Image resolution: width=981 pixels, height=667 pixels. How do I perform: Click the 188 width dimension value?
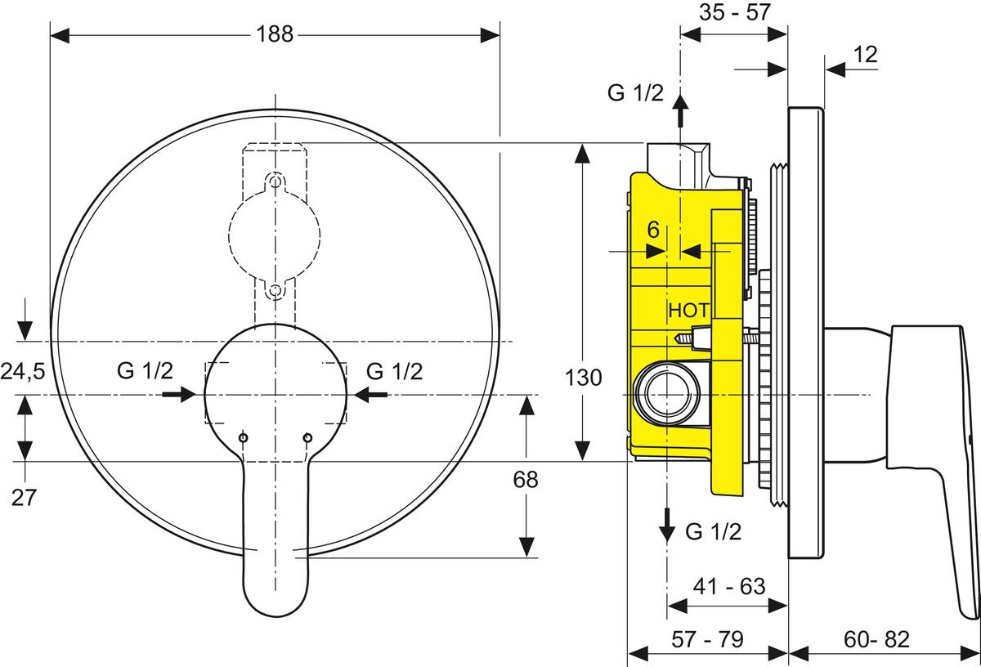(275, 34)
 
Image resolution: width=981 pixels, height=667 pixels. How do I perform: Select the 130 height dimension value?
(583, 378)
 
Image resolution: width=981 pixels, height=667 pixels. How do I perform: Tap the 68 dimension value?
(526, 479)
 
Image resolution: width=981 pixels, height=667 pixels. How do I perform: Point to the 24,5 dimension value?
(22, 373)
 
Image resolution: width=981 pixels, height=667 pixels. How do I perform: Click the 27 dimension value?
(24, 498)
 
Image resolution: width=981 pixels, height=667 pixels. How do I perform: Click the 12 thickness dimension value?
(866, 55)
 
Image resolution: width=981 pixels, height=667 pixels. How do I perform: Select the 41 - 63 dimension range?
(728, 586)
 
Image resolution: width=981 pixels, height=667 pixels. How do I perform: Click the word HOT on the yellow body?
(689, 311)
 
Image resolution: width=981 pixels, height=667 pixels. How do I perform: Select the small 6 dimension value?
(653, 231)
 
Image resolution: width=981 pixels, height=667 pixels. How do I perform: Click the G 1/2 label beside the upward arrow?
(635, 92)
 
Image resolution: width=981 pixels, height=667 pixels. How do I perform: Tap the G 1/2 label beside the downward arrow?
(714, 532)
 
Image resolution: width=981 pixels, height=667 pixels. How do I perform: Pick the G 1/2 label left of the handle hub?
(145, 371)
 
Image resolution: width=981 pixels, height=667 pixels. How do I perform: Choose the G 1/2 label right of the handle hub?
(394, 371)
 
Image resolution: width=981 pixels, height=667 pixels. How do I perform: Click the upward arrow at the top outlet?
(679, 110)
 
